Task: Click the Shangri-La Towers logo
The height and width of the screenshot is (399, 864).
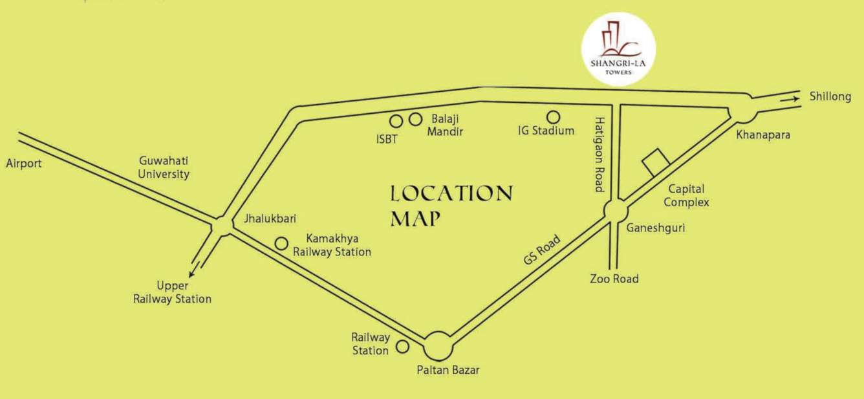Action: click(x=618, y=49)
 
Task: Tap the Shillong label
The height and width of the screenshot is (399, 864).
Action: click(x=830, y=96)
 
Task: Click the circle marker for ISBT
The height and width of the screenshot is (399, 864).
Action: click(x=396, y=121)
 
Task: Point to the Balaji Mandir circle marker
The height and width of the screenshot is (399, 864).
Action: click(x=415, y=119)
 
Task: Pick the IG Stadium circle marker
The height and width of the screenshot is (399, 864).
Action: click(x=553, y=117)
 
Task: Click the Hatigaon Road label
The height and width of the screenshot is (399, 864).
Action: click(x=599, y=154)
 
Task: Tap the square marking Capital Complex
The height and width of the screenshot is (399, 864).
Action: click(x=656, y=162)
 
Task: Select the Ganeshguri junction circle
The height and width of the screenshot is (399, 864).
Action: click(x=615, y=211)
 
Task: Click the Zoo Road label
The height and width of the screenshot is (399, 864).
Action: click(x=614, y=279)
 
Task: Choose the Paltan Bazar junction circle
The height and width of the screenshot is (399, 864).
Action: click(x=438, y=346)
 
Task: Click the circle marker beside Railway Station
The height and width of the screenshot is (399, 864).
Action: click(x=402, y=347)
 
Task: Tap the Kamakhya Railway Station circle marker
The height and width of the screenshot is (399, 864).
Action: click(x=281, y=243)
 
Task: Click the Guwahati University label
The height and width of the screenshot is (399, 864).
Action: click(x=164, y=167)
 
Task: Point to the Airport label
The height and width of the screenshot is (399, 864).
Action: click(x=24, y=163)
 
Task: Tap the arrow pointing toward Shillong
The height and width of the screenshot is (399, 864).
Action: click(x=791, y=99)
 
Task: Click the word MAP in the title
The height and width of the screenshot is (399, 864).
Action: click(x=415, y=218)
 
